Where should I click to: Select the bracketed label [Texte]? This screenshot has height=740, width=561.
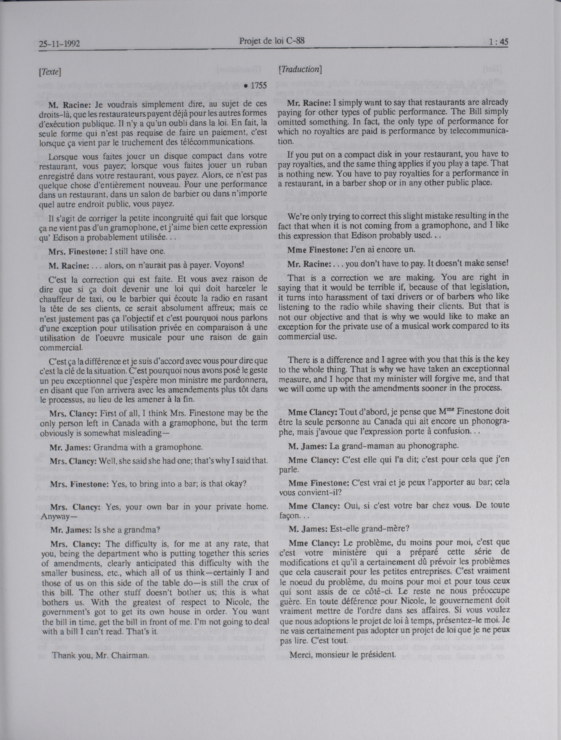pyautogui.click(x=49, y=72)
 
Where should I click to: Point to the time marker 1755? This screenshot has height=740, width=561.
pyautogui.click(x=255, y=86)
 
